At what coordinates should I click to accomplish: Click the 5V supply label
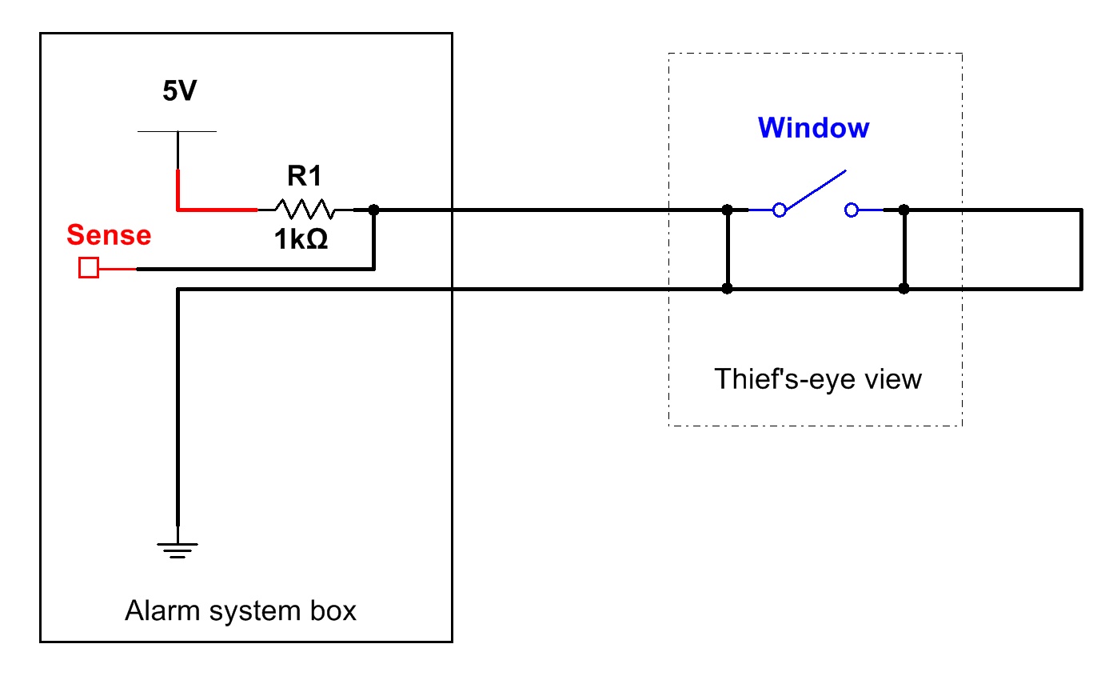coord(178,92)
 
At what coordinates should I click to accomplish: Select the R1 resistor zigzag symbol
coord(304,210)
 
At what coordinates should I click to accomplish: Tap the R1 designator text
coord(304,176)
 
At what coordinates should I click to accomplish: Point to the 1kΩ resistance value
coord(302,239)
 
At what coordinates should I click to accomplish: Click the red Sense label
coord(109,235)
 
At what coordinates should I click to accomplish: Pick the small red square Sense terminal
coord(89,268)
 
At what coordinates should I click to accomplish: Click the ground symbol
coord(178,550)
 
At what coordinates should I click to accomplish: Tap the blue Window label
coord(813,128)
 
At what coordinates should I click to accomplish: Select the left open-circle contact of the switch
coord(780,210)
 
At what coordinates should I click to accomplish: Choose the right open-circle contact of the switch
coord(852,210)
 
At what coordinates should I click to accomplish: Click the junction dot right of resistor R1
coord(373,210)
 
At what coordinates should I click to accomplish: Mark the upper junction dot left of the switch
coord(727,210)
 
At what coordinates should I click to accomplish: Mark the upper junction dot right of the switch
coord(904,210)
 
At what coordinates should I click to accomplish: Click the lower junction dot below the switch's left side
coord(727,288)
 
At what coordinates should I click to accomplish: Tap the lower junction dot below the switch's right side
coord(904,288)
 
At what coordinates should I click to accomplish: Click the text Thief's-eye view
coord(817,378)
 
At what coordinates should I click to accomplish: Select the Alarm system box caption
coord(241,611)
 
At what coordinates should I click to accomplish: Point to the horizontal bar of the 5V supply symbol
coord(177,131)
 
